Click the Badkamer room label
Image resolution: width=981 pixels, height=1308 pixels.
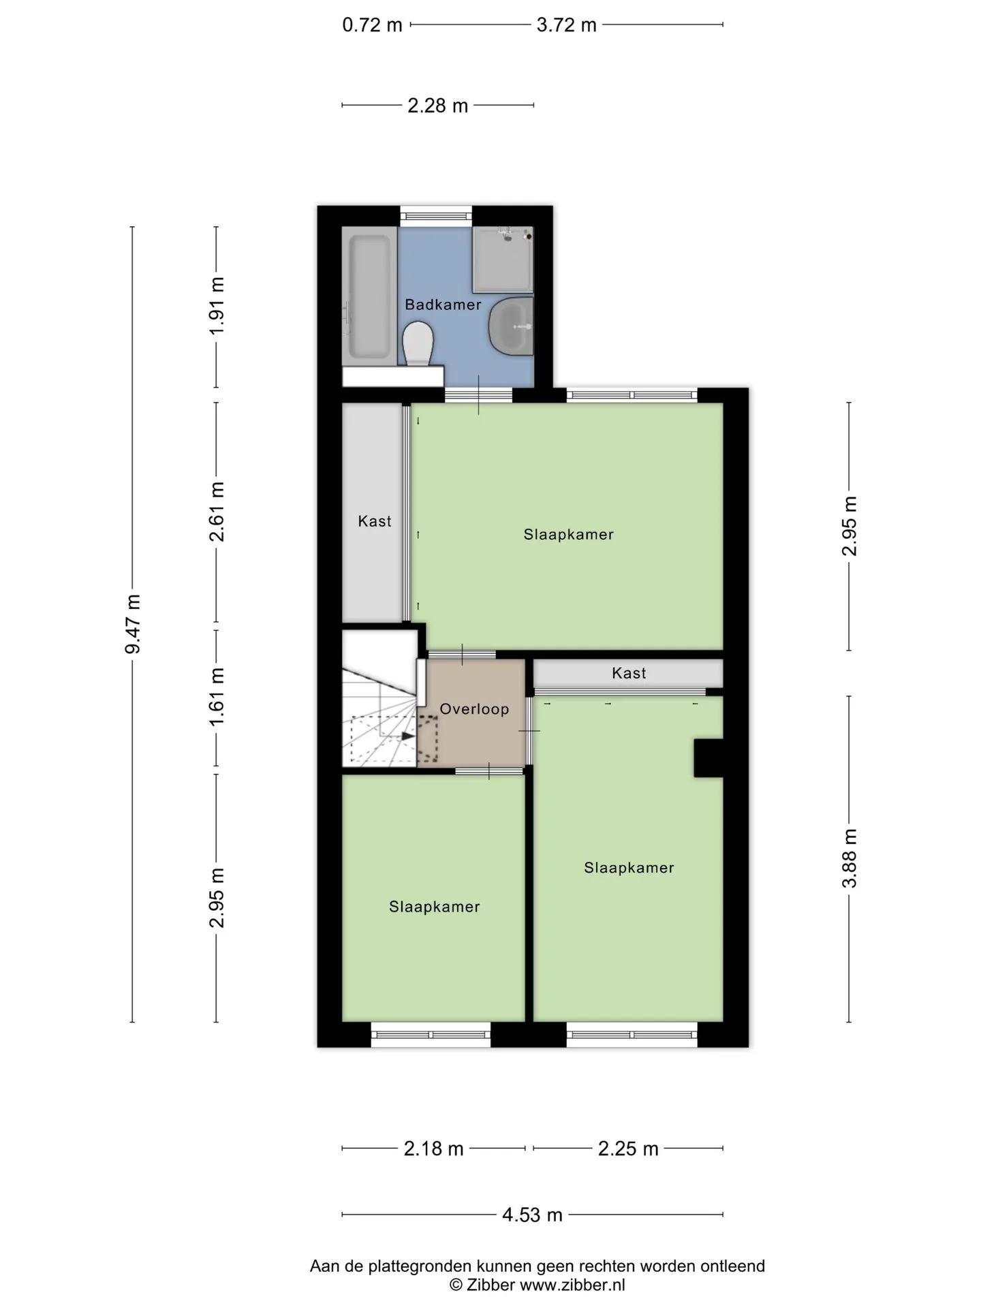pyautogui.click(x=443, y=305)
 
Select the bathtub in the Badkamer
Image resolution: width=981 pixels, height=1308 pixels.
pyautogui.click(x=370, y=297)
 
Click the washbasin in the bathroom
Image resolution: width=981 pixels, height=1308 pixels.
pyautogui.click(x=512, y=326)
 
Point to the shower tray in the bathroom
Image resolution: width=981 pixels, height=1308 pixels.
pyautogui.click(x=503, y=259)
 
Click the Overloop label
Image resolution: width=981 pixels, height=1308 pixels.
pyautogui.click(x=474, y=709)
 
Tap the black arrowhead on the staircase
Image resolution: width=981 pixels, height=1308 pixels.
pyautogui.click(x=407, y=736)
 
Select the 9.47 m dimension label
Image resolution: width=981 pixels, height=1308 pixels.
pyautogui.click(x=132, y=623)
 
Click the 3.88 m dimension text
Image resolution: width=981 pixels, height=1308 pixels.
pyautogui.click(x=849, y=858)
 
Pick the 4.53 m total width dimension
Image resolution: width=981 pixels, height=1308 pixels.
pyautogui.click(x=532, y=1215)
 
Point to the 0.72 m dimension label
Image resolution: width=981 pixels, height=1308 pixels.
pyautogui.click(x=372, y=25)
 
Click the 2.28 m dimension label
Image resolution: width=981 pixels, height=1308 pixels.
pyautogui.click(x=437, y=106)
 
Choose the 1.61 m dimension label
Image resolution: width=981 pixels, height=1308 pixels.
pyautogui.click(x=217, y=697)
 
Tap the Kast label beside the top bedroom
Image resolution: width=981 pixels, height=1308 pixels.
pyautogui.click(x=375, y=521)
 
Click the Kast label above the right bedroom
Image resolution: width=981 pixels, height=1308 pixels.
pyautogui.click(x=629, y=673)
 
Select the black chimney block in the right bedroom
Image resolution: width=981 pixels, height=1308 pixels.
pyautogui.click(x=708, y=758)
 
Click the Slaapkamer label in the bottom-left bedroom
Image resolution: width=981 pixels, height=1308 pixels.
pyautogui.click(x=435, y=907)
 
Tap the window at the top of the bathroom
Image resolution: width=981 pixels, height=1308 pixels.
pyautogui.click(x=435, y=215)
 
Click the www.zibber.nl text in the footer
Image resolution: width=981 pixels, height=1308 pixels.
pyautogui.click(x=572, y=1286)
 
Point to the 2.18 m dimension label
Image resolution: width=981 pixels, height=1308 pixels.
pyautogui.click(x=433, y=1149)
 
